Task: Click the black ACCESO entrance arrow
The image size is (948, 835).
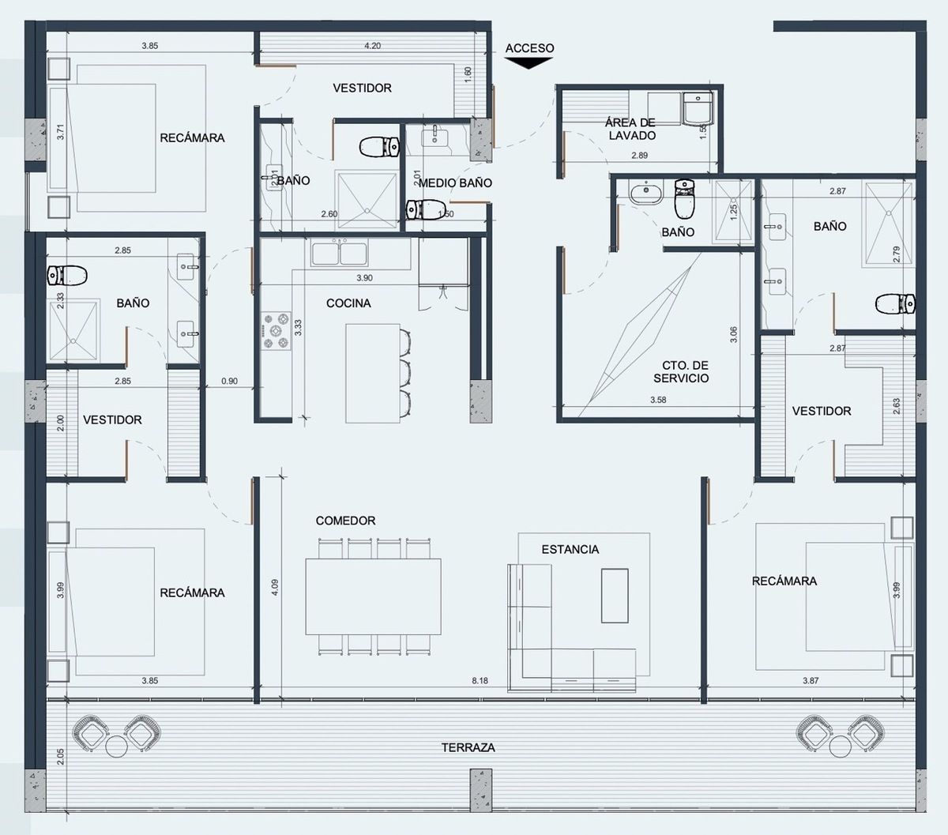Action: [529, 62]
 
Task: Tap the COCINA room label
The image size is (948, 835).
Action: [348, 303]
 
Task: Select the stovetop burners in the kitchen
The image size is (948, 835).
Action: [276, 331]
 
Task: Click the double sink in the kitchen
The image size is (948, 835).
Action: [340, 254]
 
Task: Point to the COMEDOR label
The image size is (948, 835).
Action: [345, 521]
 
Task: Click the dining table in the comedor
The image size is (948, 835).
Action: [373, 596]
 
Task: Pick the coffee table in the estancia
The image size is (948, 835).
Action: [615, 596]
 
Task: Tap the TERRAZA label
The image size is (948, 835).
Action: [468, 747]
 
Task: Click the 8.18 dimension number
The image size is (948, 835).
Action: [480, 680]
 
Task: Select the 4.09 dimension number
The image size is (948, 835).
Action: [275, 588]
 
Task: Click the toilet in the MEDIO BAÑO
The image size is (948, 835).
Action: [425, 209]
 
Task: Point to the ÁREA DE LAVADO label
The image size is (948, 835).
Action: [630, 130]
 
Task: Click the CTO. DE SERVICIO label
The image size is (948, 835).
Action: [681, 371]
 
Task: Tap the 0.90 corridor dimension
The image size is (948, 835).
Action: [229, 381]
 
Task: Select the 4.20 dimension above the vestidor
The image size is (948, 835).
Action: [372, 46]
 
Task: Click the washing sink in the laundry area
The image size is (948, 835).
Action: [698, 109]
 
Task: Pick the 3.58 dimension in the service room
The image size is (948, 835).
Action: [658, 400]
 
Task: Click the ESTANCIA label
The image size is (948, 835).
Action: [570, 549]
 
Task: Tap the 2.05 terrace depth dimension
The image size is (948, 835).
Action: [60, 757]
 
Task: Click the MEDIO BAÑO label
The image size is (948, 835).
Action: [455, 183]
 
